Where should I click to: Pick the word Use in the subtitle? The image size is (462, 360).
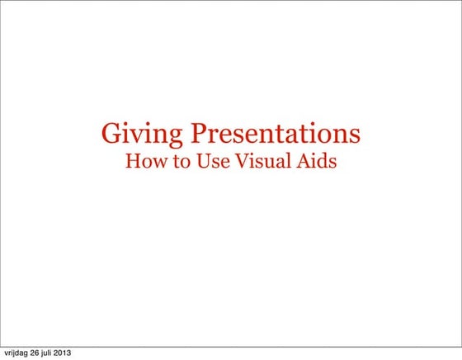211,161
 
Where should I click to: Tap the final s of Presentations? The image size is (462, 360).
356,135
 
